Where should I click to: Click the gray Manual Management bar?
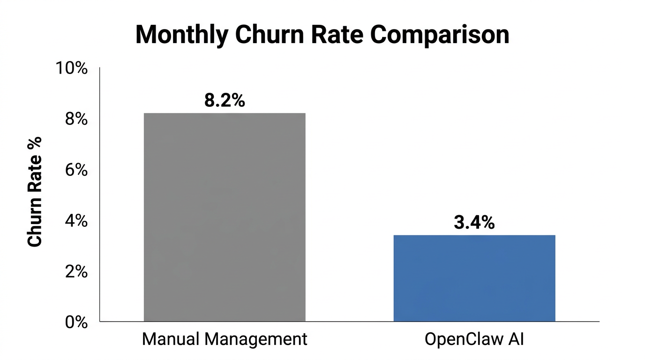coord(225,217)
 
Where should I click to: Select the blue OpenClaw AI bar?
coord(474,278)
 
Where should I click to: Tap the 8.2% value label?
coord(225,101)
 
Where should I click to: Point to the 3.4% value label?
coord(474,223)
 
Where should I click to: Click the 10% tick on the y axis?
coord(72,68)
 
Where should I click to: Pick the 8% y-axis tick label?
coord(76,119)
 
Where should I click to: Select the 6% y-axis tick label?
coord(76,170)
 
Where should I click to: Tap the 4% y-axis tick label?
coord(76,221)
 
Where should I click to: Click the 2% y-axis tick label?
coord(76,271)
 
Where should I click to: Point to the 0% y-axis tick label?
coord(76,322)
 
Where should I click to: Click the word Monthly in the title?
coord(182,35)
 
